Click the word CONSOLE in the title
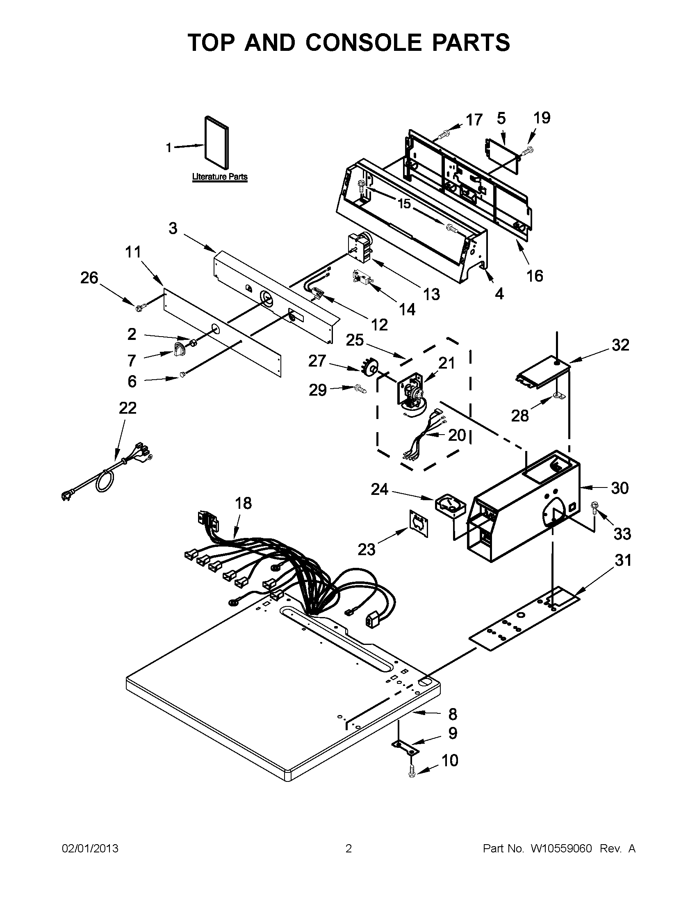(x=364, y=43)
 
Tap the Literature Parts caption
(x=220, y=177)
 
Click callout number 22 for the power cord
(x=128, y=408)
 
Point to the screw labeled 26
(x=139, y=307)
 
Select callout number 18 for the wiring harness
(x=243, y=503)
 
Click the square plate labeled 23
(x=419, y=523)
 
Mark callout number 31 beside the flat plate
(x=623, y=560)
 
